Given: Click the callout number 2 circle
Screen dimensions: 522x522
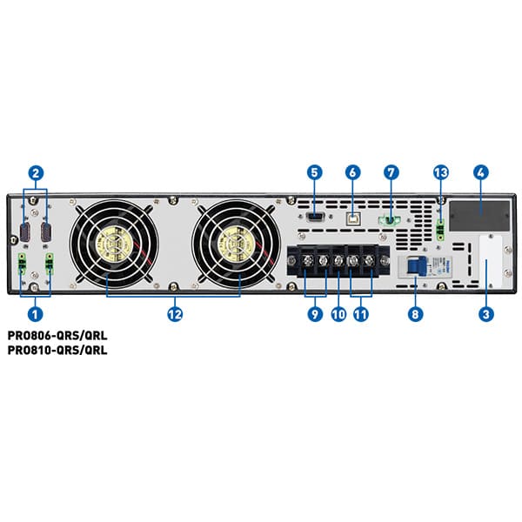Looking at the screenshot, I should tap(36, 172).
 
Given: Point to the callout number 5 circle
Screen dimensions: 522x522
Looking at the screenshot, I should tap(314, 172).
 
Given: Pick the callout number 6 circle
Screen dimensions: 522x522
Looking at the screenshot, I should tap(352, 172).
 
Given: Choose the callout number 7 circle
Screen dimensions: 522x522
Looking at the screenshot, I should tap(391, 172).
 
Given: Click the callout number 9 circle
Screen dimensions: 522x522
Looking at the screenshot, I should tap(314, 313).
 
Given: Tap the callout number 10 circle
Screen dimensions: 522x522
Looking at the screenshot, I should tap(338, 313).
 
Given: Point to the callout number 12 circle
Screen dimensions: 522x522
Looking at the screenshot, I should tap(175, 313).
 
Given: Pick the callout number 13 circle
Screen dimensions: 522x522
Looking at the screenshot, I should tap(441, 172).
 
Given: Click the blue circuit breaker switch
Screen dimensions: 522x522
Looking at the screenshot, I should tap(416, 265).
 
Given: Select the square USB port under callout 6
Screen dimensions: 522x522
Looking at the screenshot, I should tap(352, 211).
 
